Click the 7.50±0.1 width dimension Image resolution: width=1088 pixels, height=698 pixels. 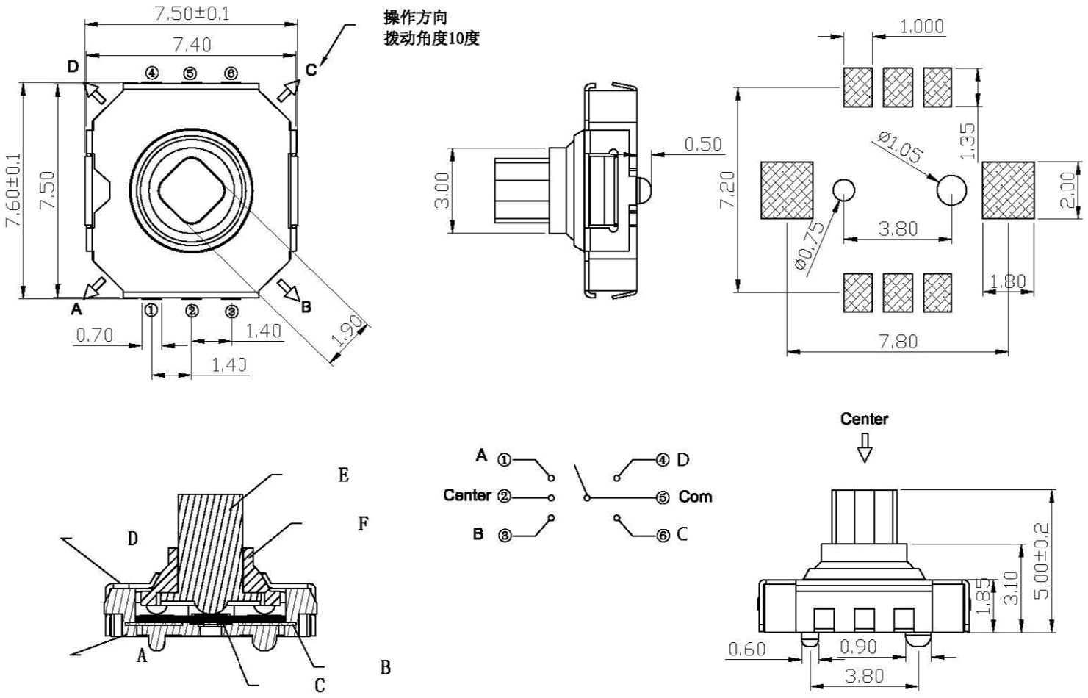click(191, 13)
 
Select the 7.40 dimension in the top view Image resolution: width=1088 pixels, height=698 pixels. click(192, 45)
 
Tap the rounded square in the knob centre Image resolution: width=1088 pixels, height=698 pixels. click(192, 190)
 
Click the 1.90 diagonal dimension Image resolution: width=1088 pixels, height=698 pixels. click(347, 331)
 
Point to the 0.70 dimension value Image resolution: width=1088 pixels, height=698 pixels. click(95, 335)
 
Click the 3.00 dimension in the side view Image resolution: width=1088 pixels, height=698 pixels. click(442, 190)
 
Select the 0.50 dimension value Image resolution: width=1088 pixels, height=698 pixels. click(703, 144)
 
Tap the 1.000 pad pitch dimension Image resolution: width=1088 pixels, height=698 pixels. click(921, 26)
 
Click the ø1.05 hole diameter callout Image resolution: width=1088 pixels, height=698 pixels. click(900, 147)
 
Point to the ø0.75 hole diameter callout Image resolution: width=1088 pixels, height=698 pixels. click(810, 247)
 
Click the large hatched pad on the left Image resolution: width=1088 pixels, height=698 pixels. click(786, 190)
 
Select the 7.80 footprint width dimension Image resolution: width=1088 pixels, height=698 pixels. click(898, 342)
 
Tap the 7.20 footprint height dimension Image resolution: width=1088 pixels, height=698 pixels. click(727, 190)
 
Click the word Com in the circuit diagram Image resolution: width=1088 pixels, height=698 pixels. click(695, 497)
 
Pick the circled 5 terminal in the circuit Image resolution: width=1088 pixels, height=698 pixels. click(663, 497)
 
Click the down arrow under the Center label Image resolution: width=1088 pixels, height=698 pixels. click(865, 447)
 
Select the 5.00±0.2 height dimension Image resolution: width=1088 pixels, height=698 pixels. click(1041, 560)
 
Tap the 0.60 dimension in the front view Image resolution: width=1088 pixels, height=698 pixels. click(746, 649)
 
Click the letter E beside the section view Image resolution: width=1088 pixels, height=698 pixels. click(343, 475)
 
